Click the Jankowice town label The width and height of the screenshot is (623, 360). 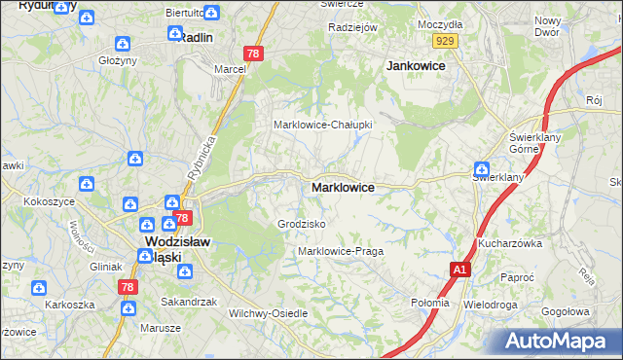pyautogui.click(x=416, y=65)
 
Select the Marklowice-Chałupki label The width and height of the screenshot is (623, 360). pyautogui.click(x=323, y=125)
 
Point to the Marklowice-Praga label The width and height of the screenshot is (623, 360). pyautogui.click(x=341, y=251)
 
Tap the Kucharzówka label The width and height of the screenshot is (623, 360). pyautogui.click(x=508, y=243)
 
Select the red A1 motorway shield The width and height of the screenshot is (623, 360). pyautogui.click(x=460, y=269)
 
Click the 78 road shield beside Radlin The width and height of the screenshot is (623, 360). pyautogui.click(x=252, y=54)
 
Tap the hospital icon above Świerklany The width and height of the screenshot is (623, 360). pyautogui.click(x=481, y=167)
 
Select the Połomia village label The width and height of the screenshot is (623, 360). pyautogui.click(x=430, y=303)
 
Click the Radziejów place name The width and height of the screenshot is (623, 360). pyautogui.click(x=352, y=27)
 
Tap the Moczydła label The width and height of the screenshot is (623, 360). pyautogui.click(x=439, y=23)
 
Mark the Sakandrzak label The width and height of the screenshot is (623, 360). pyautogui.click(x=188, y=302)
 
